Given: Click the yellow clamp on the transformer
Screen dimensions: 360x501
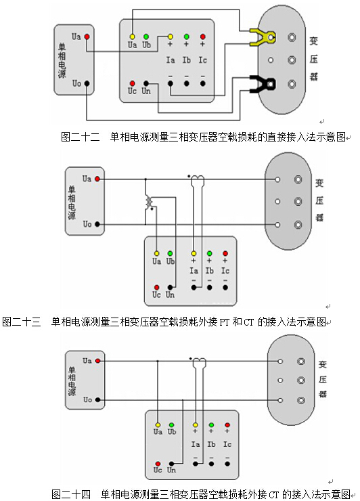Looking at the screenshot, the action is coord(262,37).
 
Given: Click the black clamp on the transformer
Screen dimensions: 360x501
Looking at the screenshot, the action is coord(262,84).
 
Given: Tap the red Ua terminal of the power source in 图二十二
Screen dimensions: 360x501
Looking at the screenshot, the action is coord(87,37).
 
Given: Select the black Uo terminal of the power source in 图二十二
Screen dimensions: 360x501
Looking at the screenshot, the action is coord(87,83).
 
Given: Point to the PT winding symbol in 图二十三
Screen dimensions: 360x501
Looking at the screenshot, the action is coord(149,202).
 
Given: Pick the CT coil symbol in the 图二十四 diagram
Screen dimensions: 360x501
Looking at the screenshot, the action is coord(200,363).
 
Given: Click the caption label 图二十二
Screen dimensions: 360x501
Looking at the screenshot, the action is coord(80,137).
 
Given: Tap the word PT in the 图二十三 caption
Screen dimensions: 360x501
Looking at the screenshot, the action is coord(224,322).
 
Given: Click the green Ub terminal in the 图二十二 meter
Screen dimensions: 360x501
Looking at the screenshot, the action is coord(146,37).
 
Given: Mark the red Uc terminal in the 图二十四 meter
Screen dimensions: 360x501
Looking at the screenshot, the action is coord(158,464).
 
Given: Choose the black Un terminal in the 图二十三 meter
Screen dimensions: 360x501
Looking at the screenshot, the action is coord(171,287).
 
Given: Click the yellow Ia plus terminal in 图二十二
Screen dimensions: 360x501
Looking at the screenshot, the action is coord(171,37).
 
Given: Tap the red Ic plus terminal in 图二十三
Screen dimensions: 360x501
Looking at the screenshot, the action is coord(225,253).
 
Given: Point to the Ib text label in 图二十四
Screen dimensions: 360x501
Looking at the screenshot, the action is coord(211,444).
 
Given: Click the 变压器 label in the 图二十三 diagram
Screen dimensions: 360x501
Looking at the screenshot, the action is coord(319,200).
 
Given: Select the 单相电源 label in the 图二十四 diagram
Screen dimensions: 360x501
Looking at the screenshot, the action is coord(72,381).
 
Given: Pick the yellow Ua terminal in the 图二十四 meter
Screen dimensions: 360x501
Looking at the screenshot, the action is coord(158,425).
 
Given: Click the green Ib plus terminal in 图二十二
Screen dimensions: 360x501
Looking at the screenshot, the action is coord(187,37).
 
